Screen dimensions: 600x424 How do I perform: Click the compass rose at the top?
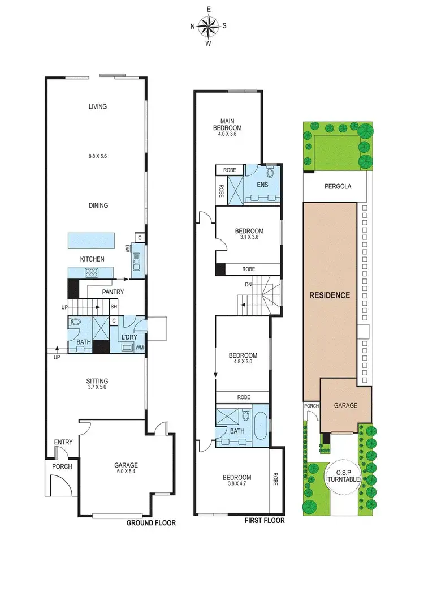(209, 25)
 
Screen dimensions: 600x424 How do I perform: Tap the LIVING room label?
(98, 106)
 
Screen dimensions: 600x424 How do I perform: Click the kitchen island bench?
(94, 240)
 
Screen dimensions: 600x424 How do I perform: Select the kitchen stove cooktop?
(92, 273)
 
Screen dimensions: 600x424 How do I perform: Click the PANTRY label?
(113, 292)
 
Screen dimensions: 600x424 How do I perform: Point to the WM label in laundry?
(139, 346)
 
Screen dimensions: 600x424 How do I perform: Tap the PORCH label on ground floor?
(60, 468)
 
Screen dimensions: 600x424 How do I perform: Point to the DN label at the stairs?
(248, 285)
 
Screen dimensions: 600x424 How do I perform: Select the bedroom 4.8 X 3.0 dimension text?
(243, 363)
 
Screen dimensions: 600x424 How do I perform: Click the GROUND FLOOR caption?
(151, 524)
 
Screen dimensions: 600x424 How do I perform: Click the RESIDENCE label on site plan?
(329, 295)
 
